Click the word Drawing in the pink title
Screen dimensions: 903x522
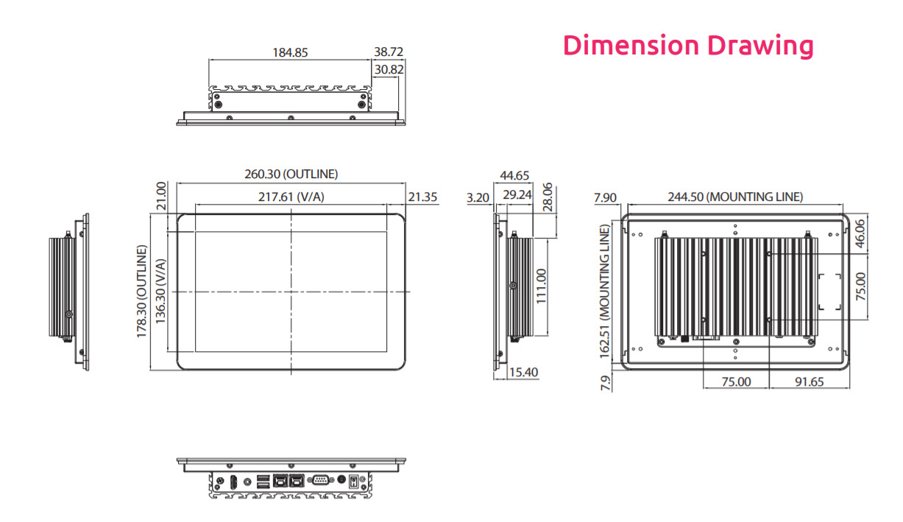click(x=760, y=46)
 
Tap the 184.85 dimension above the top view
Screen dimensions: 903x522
click(x=290, y=52)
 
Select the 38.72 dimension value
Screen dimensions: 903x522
click(x=389, y=52)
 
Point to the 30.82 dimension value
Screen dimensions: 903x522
click(x=389, y=69)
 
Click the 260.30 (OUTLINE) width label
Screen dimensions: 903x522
click(x=291, y=174)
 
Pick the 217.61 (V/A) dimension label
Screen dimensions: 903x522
click(x=291, y=197)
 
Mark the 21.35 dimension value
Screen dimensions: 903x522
click(x=422, y=197)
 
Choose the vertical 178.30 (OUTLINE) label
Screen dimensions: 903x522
click(x=141, y=292)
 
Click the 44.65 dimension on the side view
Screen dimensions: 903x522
click(x=514, y=175)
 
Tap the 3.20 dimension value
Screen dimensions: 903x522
click(x=478, y=197)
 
